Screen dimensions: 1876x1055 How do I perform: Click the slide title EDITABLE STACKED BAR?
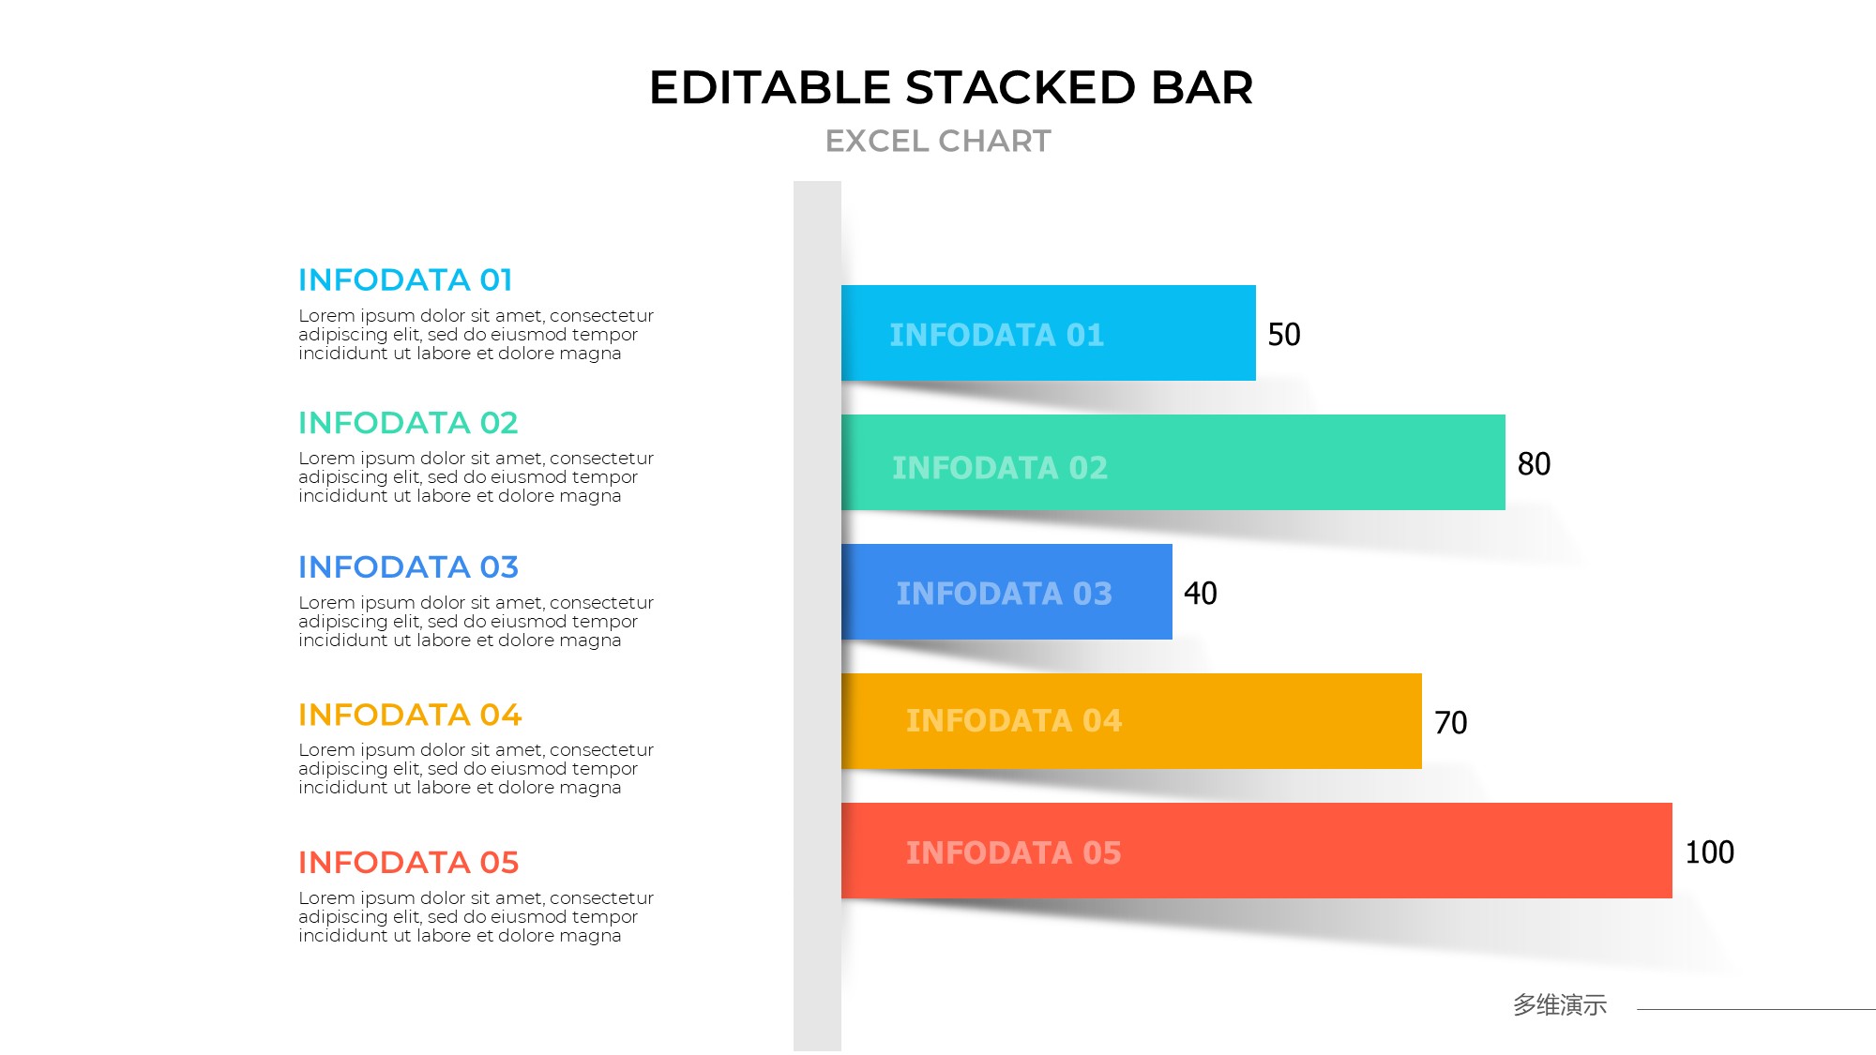coord(951,87)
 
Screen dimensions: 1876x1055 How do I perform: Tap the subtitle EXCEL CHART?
coord(938,141)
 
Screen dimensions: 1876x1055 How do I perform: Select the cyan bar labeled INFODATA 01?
coord(1049,333)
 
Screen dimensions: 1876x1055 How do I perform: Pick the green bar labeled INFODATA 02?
coord(1173,462)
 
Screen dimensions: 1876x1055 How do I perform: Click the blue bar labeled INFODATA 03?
coord(1006,592)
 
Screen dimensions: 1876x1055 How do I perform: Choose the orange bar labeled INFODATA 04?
coord(1131,721)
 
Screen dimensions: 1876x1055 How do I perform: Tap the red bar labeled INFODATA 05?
coord(1257,851)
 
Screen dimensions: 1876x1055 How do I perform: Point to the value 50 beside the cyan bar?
coord(1284,334)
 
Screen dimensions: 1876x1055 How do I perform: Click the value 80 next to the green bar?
coord(1535,463)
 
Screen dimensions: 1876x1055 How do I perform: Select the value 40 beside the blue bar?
coord(1201,593)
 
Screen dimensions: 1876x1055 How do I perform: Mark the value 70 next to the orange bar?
coord(1451,722)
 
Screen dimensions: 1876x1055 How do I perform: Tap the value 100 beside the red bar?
coord(1710,852)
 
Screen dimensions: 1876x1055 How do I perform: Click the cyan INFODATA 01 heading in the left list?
coord(405,279)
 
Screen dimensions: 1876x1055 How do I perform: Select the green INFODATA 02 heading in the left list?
coord(408,423)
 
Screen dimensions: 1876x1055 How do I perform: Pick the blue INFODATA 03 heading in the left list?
coord(408,567)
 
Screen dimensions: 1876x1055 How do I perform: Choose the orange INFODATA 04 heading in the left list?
coord(410,715)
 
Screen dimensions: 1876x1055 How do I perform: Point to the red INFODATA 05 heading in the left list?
coord(408,862)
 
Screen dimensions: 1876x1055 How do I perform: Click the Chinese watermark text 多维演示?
coord(1560,1005)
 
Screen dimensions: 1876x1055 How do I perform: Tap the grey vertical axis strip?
coord(817,616)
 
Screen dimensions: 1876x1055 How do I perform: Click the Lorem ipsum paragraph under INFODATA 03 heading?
coord(476,622)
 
